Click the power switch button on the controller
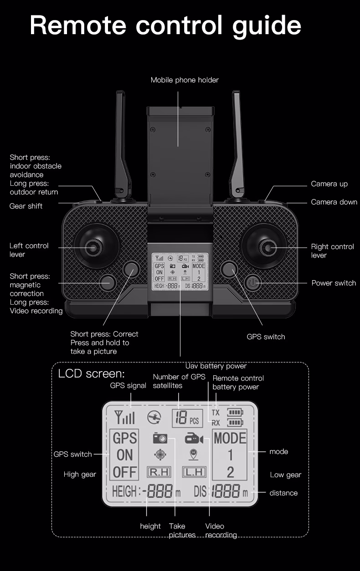tap(253, 283)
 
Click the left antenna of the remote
tap(121, 141)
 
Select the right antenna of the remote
tap(237, 141)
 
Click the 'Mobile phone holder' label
tap(185, 80)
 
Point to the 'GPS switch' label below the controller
tap(266, 337)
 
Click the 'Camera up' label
tap(329, 184)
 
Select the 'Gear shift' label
tap(26, 206)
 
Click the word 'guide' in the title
tap(267, 25)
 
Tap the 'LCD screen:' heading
tap(91, 374)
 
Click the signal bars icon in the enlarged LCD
tap(125, 417)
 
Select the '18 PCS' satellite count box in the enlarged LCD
tap(187, 418)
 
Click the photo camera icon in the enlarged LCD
tap(160, 438)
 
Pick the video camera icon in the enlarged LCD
tap(194, 438)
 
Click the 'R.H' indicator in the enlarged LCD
tap(159, 472)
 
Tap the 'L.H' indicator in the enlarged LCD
tap(194, 472)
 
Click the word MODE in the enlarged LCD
tap(230, 438)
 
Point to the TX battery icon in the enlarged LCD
tap(235, 413)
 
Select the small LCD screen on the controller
tap(180, 272)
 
